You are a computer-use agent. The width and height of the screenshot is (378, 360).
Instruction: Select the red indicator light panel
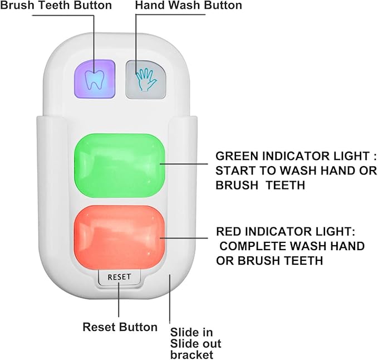coord(120,234)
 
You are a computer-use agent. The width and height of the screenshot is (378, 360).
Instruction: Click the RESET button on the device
coord(119,277)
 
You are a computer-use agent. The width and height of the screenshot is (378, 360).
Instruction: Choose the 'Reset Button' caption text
coord(120,327)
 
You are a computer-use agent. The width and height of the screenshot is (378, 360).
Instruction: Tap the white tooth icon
coord(95,80)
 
